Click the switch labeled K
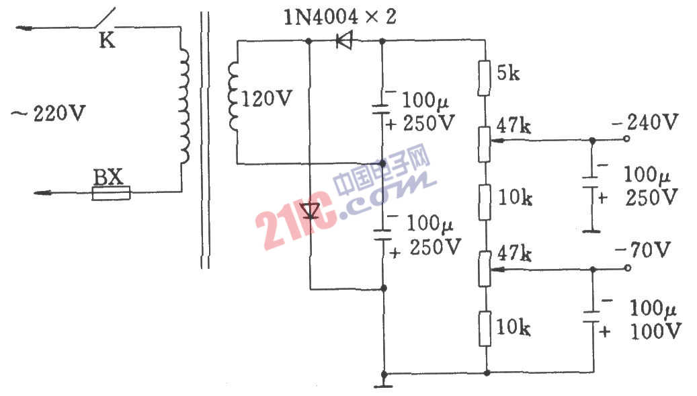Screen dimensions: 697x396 coord(104,19)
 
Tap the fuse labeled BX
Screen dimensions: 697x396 coord(111,193)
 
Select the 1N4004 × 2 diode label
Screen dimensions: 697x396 coord(339,17)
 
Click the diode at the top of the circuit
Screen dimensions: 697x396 coord(344,41)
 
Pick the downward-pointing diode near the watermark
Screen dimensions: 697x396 coord(310,211)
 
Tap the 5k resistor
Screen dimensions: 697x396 coord(484,78)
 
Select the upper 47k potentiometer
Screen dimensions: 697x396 coord(485,144)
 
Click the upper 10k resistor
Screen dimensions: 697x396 coord(485,202)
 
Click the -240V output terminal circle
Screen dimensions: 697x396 coord(627,139)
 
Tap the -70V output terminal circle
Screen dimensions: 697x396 coord(627,268)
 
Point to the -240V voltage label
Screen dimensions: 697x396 coord(645,121)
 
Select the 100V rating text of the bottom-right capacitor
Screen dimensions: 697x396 coord(655,331)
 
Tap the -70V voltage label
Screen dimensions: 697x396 coord(643,250)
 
